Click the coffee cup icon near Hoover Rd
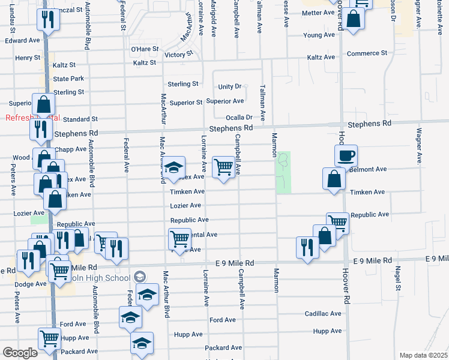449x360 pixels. [x=346, y=156]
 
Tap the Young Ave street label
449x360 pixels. [x=319, y=35]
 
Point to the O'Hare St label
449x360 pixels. [x=145, y=49]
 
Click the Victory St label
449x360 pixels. [x=178, y=54]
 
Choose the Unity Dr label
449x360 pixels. [x=229, y=87]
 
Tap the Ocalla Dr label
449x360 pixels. [x=238, y=118]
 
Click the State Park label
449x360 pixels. [x=68, y=79]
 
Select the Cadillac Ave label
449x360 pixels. [x=323, y=313]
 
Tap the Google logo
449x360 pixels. [x=20, y=353]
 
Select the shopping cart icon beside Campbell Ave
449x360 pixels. [x=223, y=167]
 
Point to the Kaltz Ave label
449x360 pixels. [x=321, y=57]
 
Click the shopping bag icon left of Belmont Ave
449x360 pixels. [x=333, y=178]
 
